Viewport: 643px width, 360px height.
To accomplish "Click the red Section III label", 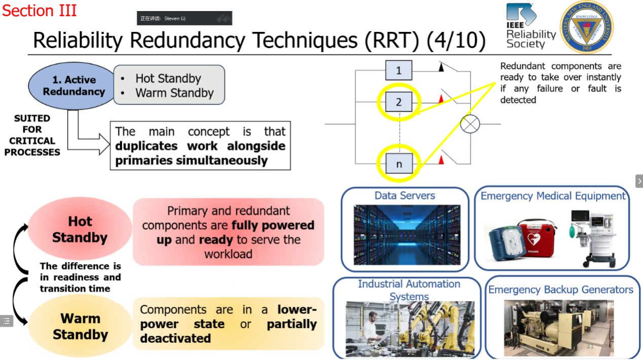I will [x=40, y=10].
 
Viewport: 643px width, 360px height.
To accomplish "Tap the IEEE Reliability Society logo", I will [x=530, y=26].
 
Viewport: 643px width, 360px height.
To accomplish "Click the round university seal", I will [x=586, y=27].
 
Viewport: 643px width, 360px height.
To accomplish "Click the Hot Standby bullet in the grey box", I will [x=168, y=79].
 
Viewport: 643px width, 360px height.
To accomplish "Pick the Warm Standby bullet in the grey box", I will [x=174, y=93].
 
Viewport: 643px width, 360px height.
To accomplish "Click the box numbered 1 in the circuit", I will [x=398, y=70].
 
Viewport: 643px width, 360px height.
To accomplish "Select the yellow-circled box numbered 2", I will [x=398, y=102].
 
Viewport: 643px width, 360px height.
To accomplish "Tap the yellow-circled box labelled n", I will [x=398, y=164].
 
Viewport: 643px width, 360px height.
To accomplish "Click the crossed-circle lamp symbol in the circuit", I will [x=470, y=124].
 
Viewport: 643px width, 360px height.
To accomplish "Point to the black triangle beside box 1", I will [x=441, y=66].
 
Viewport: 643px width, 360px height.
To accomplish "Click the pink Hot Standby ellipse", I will [x=80, y=229].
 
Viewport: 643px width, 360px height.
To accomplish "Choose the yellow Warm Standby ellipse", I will [x=80, y=327].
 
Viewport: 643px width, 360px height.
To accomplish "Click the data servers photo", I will [x=407, y=235].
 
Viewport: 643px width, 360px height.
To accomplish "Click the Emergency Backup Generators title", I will [x=560, y=290].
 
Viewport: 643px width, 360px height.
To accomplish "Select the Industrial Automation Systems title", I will [x=409, y=290].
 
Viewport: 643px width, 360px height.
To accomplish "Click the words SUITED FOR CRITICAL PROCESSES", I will [x=32, y=135].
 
